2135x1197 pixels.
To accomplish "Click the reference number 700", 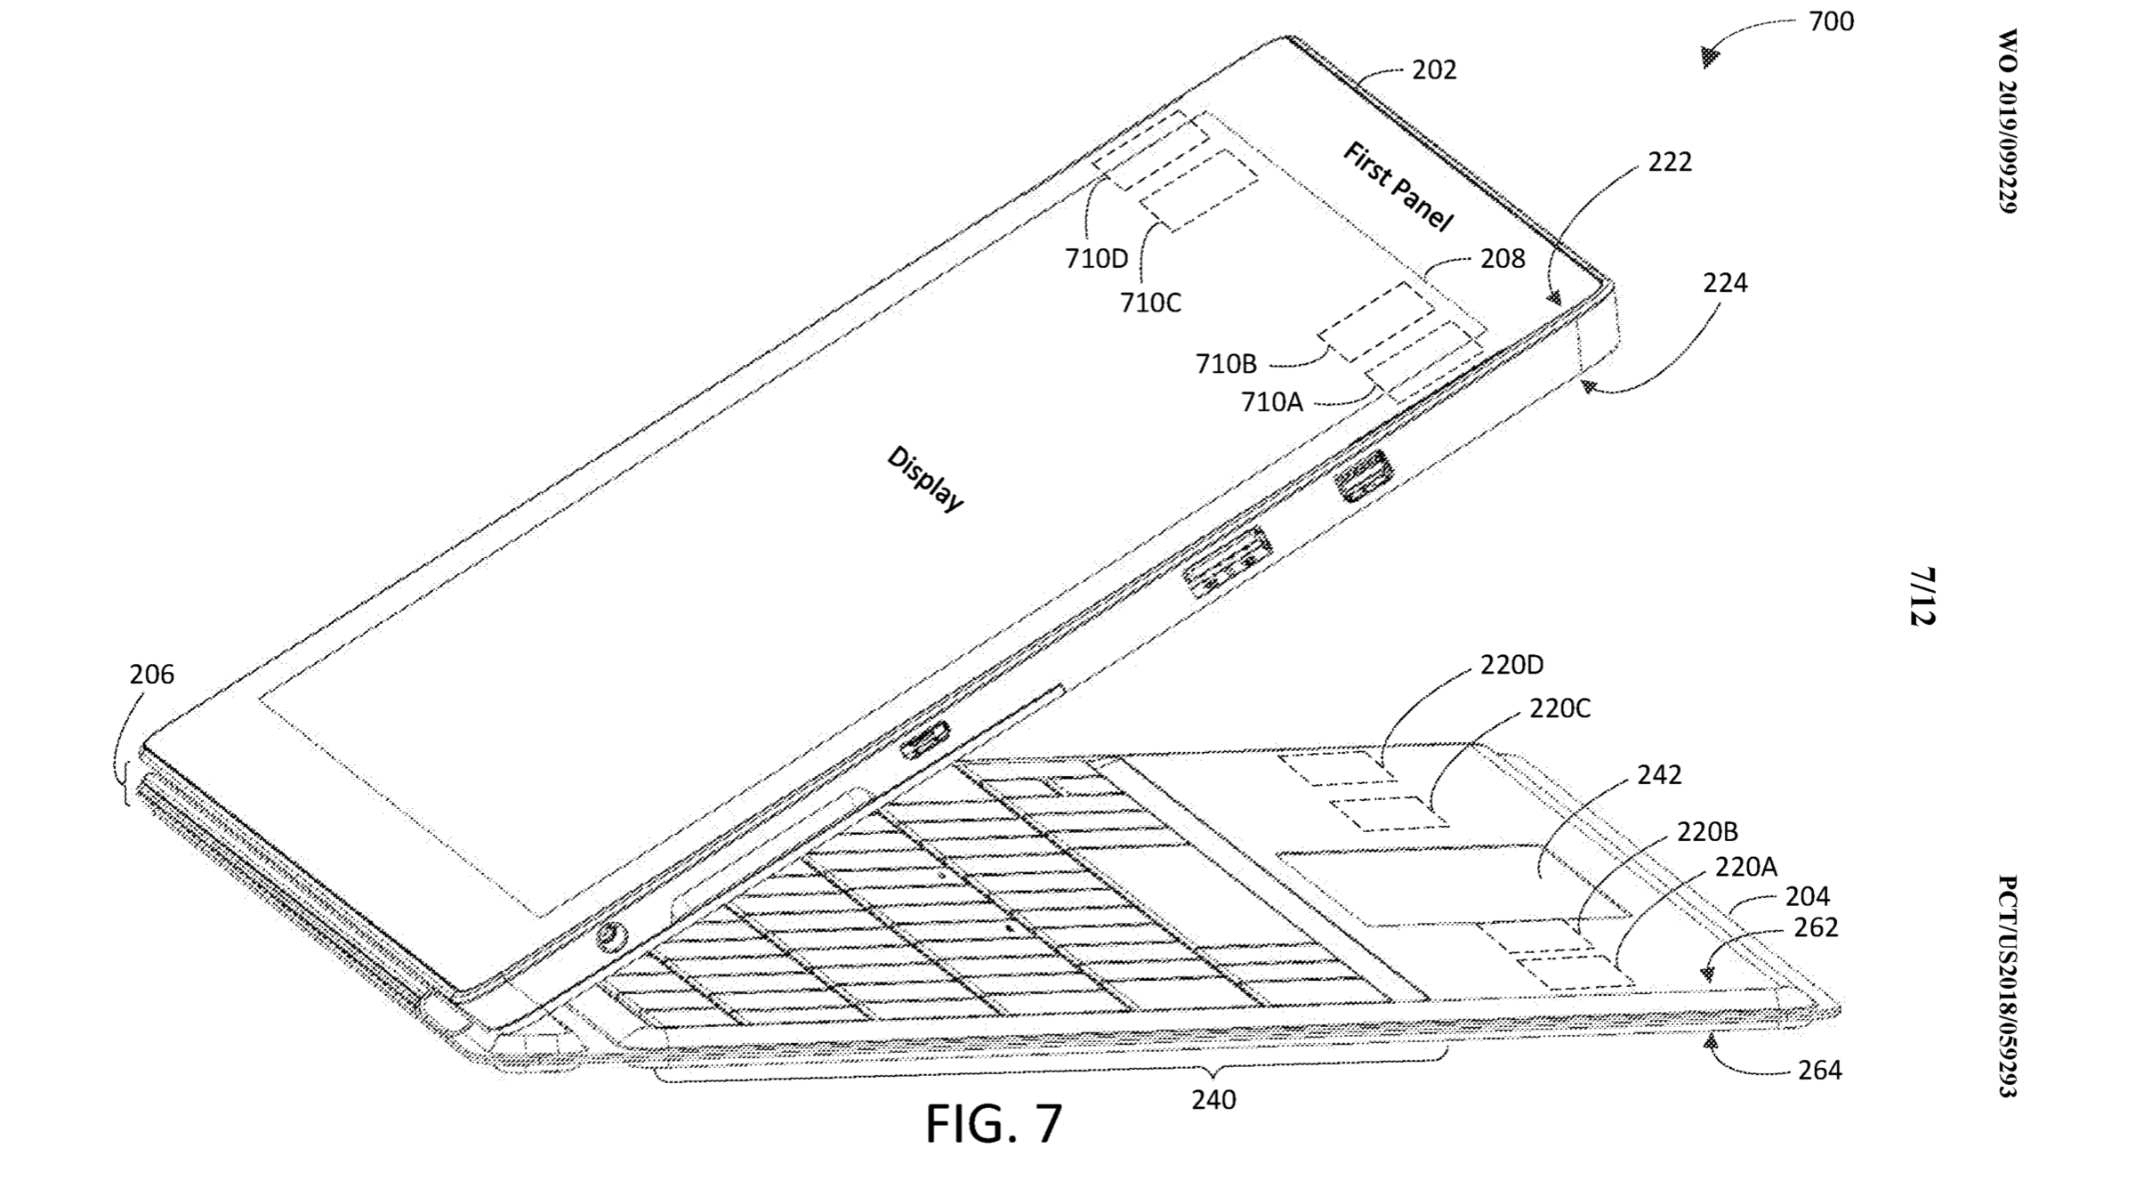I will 1831,21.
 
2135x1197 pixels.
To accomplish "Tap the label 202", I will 1434,70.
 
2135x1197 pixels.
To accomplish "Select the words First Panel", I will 1398,187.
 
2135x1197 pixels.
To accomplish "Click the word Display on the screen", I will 925,479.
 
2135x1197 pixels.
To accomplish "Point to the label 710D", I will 1096,259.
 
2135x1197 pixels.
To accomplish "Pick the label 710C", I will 1150,303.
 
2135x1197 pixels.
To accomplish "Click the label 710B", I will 1226,364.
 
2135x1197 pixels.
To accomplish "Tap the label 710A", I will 1272,403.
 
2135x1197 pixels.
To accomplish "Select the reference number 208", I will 1503,259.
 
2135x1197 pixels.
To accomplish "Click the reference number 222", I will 1670,162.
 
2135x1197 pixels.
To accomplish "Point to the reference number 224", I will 1725,283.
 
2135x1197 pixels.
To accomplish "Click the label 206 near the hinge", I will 151,675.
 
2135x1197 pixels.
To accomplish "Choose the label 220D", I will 1511,665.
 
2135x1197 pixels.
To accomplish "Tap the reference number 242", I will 1659,775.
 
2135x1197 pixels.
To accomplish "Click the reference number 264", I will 1819,1070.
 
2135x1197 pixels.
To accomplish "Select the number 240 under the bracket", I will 1213,1101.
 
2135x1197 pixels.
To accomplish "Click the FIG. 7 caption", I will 994,1124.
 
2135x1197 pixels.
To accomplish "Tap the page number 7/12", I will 1921,596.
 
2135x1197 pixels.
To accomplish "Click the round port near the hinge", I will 610,936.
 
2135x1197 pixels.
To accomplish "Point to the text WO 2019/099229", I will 2007,121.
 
